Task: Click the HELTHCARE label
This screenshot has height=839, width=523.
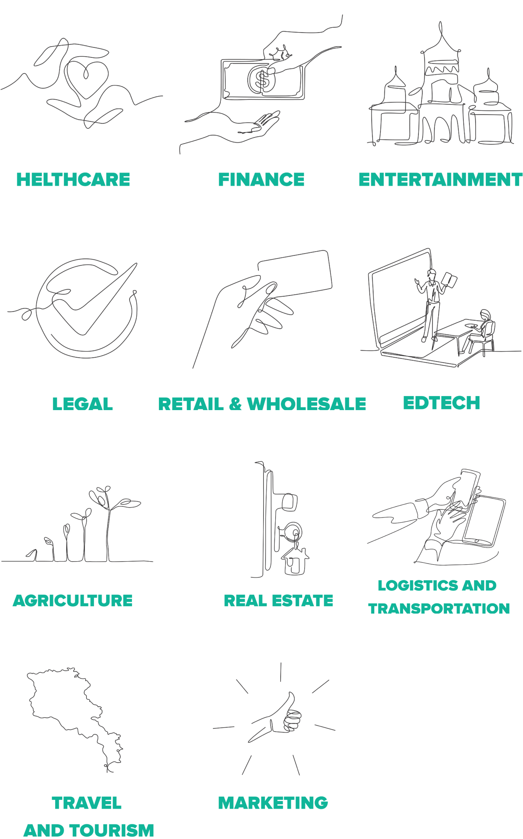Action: [73, 180]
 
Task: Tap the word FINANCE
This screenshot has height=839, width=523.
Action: [261, 180]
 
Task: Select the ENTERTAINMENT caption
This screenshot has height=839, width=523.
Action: [440, 180]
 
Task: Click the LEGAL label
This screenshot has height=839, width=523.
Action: [83, 404]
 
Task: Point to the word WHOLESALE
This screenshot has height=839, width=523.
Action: [307, 404]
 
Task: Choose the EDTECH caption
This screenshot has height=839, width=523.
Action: [442, 403]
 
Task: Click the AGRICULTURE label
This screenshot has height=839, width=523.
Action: [73, 600]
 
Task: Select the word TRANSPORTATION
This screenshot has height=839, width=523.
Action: [439, 609]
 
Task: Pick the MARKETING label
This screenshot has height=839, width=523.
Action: [273, 803]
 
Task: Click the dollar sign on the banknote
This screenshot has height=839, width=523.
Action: [262, 79]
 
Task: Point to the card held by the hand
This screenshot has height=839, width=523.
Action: [295, 274]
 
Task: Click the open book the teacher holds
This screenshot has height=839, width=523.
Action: [449, 280]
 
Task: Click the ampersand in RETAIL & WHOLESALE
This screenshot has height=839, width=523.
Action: [235, 404]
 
